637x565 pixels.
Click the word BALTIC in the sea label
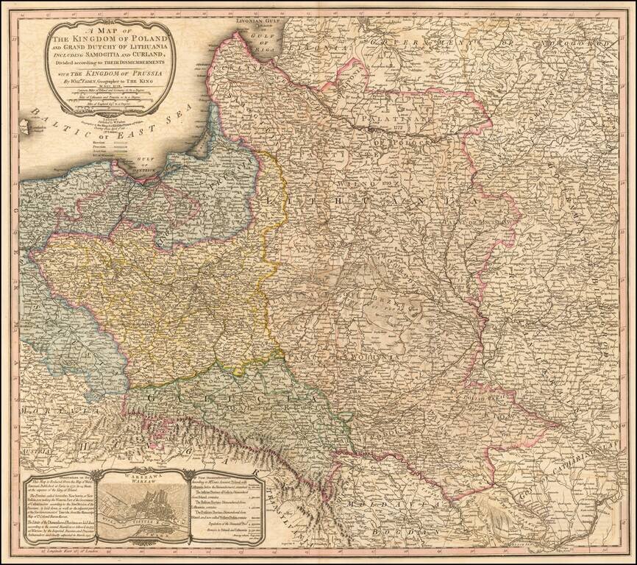click(x=49, y=118)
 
